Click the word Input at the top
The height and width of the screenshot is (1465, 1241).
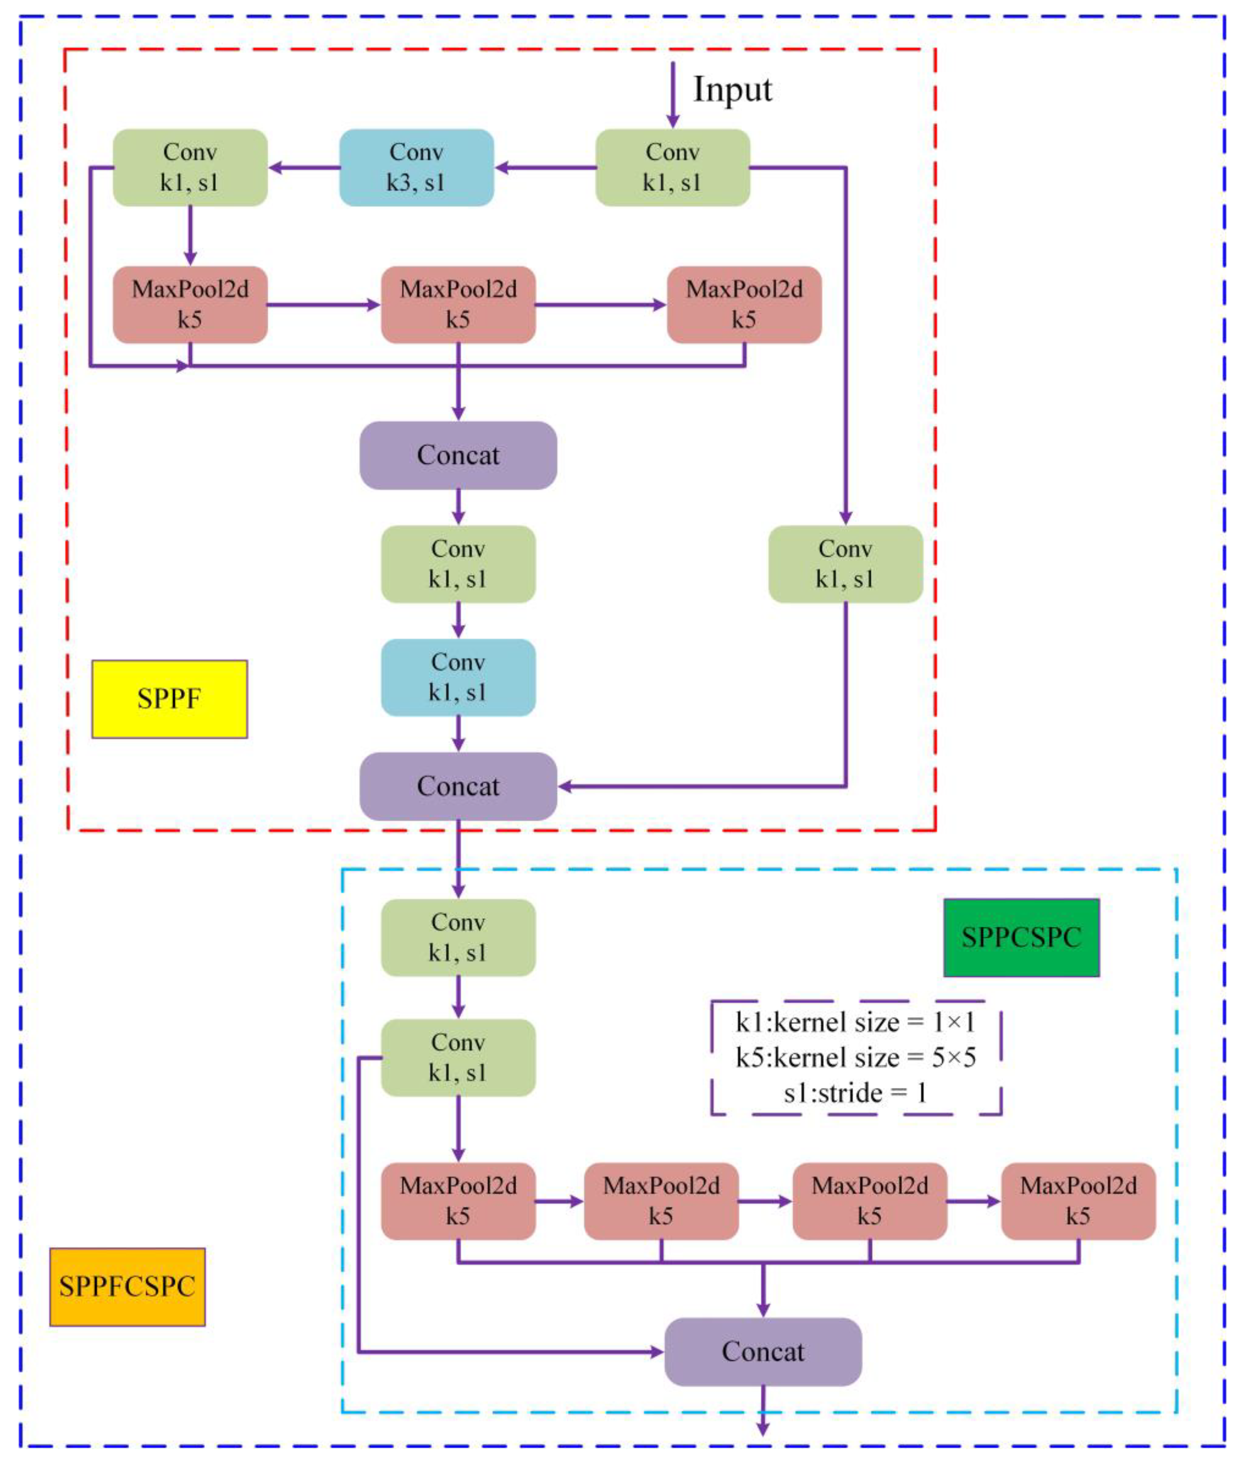point(732,90)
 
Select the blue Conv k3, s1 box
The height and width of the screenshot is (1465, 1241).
point(417,168)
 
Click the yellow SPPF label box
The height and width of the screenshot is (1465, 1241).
point(170,699)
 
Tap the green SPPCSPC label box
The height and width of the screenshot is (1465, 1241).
point(1021,937)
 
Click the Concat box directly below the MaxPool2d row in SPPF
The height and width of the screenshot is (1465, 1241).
point(458,456)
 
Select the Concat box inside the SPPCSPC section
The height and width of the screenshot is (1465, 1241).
point(763,1351)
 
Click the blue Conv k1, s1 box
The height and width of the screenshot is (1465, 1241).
point(458,677)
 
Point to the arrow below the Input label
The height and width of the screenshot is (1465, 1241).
point(673,95)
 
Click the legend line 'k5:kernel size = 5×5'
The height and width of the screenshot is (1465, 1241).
point(856,1057)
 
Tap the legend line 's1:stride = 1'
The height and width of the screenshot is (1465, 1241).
point(856,1093)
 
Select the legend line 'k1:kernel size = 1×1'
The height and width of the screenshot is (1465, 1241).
point(856,1022)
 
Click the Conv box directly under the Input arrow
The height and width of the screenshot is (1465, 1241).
point(673,168)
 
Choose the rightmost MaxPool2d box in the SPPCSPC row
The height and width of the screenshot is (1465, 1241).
point(1078,1201)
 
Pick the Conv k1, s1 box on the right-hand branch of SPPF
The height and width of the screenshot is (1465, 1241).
point(845,564)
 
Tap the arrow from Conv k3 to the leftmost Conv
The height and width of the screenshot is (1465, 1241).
point(304,168)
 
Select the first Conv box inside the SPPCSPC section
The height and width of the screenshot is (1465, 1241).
point(458,937)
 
